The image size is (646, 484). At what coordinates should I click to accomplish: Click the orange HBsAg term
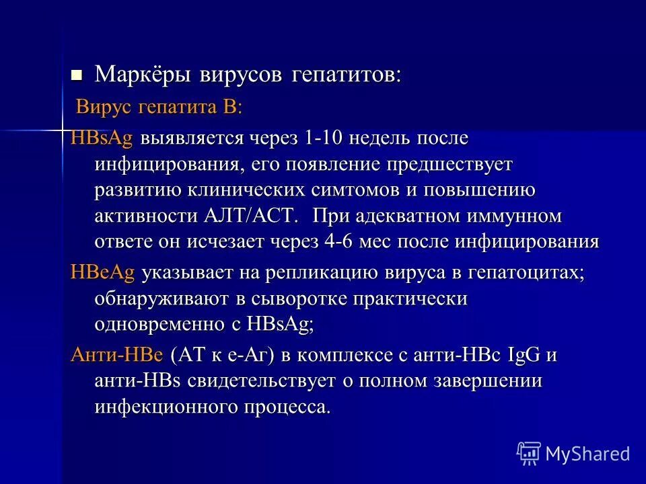pos(102,138)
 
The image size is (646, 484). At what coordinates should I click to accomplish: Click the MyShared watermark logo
pos(573,452)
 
